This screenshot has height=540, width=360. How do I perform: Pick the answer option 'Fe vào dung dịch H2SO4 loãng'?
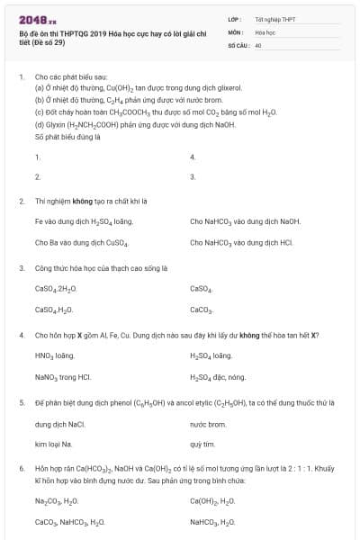pyautogui.click(x=71, y=220)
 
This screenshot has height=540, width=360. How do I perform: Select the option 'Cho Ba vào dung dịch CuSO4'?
pyautogui.click(x=82, y=242)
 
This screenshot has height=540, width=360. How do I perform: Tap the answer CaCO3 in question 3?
pyautogui.click(x=201, y=310)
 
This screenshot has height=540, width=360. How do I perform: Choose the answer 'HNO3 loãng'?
pyautogui.click(x=54, y=355)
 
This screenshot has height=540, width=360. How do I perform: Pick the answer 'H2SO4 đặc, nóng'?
pyautogui.click(x=218, y=377)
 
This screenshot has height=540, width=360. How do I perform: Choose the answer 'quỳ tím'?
pyautogui.click(x=202, y=445)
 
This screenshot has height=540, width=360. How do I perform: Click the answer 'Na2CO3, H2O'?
pyautogui.click(x=58, y=500)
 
